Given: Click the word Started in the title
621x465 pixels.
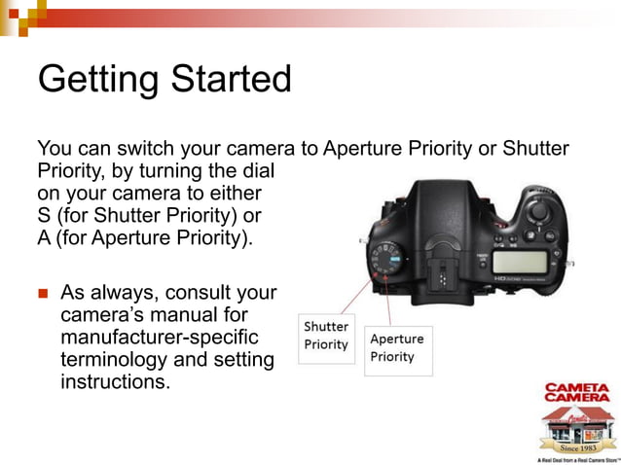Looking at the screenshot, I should [x=225, y=78].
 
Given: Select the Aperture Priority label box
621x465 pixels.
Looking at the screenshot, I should [x=397, y=348].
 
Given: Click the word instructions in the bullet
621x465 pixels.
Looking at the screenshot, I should [x=115, y=381].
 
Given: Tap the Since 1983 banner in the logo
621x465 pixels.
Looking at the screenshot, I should [x=576, y=447].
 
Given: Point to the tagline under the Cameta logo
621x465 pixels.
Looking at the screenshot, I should [x=576, y=458].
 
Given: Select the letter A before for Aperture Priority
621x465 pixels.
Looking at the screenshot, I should [x=44, y=237].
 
